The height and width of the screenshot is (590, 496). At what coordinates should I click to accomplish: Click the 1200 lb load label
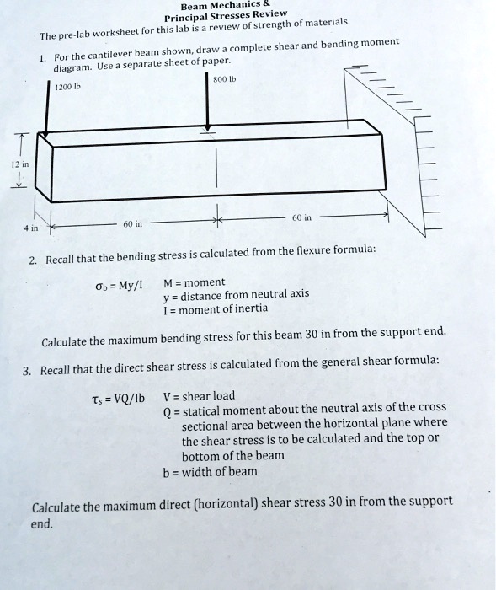coord(67,86)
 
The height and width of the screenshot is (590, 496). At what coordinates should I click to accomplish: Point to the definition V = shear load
coord(199,396)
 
